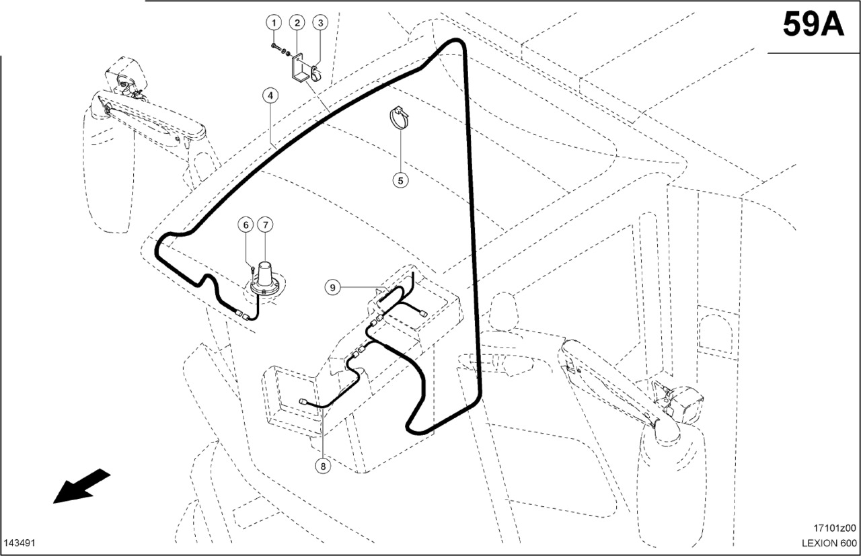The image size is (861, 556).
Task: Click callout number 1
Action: click(x=274, y=23)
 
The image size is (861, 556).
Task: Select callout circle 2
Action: click(x=297, y=23)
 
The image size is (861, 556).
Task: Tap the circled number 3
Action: click(x=320, y=23)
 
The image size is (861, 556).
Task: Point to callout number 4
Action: click(x=269, y=96)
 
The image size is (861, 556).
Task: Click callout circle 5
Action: click(x=401, y=180)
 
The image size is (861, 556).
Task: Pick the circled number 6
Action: click(x=246, y=224)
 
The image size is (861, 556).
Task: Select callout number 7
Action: click(x=265, y=224)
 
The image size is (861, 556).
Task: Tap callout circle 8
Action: click(x=324, y=465)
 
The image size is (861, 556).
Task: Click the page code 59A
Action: click(x=813, y=26)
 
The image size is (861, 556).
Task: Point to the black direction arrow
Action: click(x=81, y=485)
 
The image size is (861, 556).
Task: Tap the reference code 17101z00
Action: click(x=833, y=528)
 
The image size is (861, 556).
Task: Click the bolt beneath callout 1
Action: click(x=276, y=46)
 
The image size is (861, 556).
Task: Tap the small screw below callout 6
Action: click(x=250, y=270)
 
